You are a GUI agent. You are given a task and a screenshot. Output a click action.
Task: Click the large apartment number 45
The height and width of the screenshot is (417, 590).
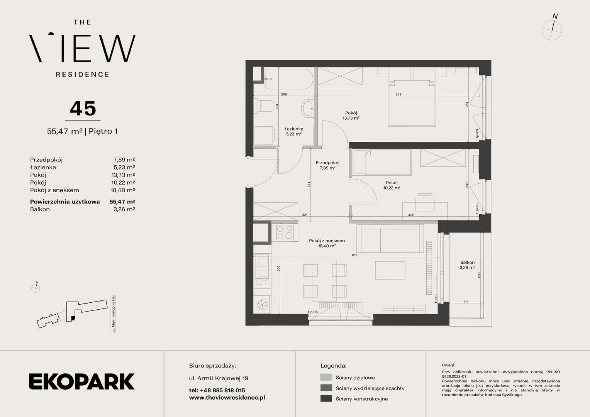coord(83,108)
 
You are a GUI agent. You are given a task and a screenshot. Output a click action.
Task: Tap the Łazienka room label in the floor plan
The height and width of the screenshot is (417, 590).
coord(294,129)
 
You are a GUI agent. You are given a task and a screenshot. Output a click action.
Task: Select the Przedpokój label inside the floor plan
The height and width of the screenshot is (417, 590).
coord(327,163)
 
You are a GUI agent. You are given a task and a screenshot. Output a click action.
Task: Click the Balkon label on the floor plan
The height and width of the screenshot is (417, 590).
coord(467,263)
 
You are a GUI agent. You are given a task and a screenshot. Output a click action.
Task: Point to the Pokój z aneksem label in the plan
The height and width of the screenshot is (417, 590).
coord(327,241)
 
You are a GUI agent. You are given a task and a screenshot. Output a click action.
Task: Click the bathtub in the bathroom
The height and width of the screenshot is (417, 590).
coord(289,79)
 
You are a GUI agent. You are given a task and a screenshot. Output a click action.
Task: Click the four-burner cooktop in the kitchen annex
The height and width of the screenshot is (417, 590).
coord(285,232)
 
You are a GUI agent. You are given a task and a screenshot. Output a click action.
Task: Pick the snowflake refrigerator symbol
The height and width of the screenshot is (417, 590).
coord(262,305)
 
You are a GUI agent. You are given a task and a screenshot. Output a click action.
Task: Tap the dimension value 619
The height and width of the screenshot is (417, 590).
coord(354,255)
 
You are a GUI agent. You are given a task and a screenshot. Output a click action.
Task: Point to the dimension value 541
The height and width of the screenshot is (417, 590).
coord(398,94)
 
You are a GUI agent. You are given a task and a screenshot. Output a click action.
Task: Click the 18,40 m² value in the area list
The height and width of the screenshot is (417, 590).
coord(123,190)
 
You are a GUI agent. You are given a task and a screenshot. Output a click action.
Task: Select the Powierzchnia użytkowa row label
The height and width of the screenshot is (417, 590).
coord(65,202)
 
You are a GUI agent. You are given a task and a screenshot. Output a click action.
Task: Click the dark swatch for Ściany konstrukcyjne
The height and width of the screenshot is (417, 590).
coord(326,398)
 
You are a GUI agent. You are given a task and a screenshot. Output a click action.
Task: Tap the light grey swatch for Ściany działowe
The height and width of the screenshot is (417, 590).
coord(326,377)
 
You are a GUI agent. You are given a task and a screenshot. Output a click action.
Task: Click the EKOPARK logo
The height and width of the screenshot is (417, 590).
coord(81,381)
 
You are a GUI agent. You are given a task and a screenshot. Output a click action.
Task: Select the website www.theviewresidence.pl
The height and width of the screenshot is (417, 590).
coord(227,398)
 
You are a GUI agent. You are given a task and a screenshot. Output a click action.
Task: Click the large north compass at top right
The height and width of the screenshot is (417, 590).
coord(552,29)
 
